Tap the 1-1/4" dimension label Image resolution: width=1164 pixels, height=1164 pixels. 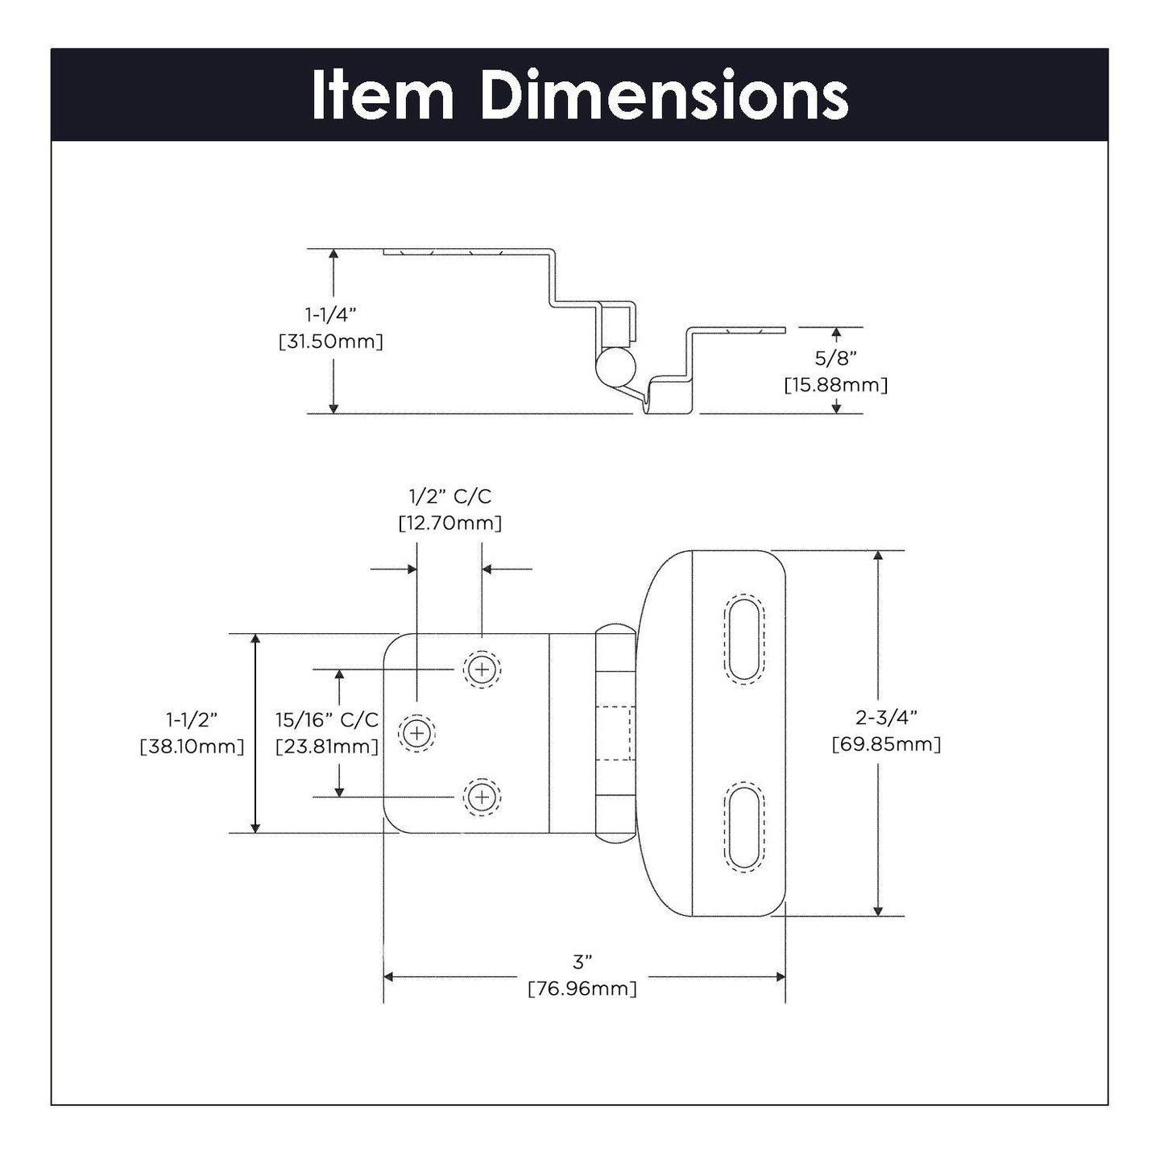(330, 313)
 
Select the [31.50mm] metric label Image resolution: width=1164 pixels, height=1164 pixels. (330, 342)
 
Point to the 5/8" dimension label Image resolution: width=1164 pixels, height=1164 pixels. (835, 358)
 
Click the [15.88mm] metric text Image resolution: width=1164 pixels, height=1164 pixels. (835, 385)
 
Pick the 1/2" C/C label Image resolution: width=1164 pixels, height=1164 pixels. (449, 496)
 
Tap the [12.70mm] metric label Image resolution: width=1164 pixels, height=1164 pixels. (449, 524)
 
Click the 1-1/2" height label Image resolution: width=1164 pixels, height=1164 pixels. (192, 719)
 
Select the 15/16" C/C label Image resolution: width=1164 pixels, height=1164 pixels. (326, 719)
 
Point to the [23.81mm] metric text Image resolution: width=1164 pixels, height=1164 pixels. (326, 747)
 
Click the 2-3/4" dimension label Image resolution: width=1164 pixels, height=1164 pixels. (886, 716)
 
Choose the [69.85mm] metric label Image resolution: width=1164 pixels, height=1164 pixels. (886, 744)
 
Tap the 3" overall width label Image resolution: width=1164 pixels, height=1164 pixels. (582, 961)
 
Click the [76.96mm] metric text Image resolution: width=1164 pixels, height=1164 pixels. (582, 988)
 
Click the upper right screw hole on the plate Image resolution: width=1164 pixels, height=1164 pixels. (481, 669)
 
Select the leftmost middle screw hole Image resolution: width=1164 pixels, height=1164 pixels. (417, 733)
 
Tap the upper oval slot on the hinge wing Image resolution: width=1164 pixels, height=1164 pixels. (744, 640)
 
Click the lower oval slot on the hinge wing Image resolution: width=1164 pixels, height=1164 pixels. (744, 826)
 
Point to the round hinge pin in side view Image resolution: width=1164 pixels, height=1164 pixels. (615, 368)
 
